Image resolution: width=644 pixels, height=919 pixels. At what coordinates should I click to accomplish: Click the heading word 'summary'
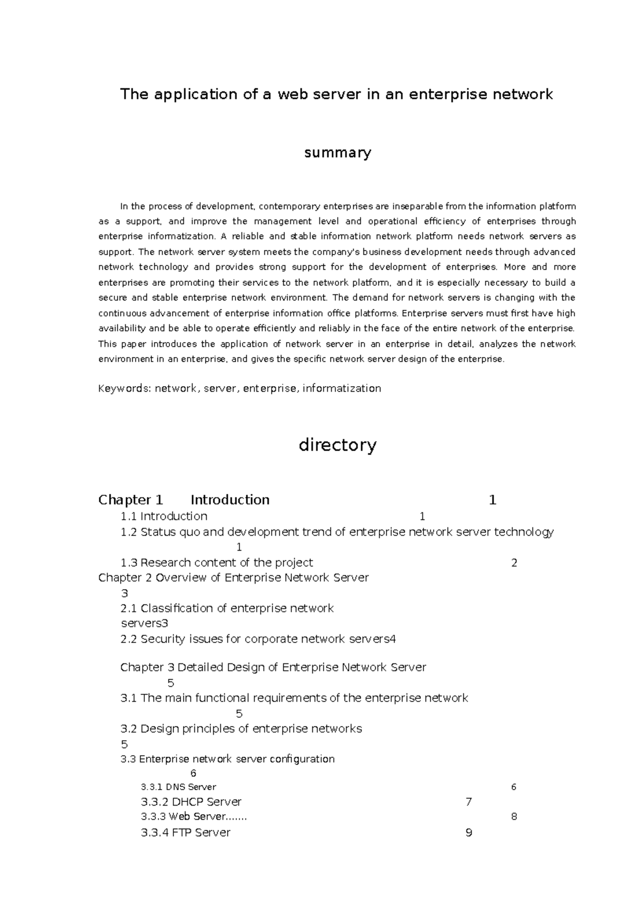pos(338,153)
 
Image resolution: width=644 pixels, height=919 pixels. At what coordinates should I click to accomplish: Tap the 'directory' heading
pos(338,445)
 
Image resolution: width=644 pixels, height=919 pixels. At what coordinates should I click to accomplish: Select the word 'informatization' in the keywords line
pos(342,388)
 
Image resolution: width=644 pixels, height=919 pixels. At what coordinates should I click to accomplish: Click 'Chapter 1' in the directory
pos(130,500)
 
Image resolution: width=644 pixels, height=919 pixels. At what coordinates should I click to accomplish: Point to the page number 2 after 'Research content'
pos(514,563)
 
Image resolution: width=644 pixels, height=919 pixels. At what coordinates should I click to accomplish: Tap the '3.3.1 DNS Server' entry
pos(178,787)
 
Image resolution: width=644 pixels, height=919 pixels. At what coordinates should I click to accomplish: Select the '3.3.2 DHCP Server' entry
pos(191,802)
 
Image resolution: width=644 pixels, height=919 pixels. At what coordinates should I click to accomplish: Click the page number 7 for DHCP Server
pos(469,802)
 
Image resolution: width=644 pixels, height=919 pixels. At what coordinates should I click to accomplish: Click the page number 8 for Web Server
pos(514,817)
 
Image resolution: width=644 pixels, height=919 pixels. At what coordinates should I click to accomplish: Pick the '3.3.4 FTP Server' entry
pos(185,833)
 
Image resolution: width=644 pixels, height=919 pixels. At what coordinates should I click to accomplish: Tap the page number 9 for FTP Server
pos(469,833)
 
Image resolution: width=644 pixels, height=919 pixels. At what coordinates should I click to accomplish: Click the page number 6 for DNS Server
pos(514,787)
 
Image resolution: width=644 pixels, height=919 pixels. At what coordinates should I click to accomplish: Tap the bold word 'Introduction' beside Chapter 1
pos(230,500)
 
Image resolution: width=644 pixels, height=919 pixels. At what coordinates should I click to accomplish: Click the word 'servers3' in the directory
pos(144,624)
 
